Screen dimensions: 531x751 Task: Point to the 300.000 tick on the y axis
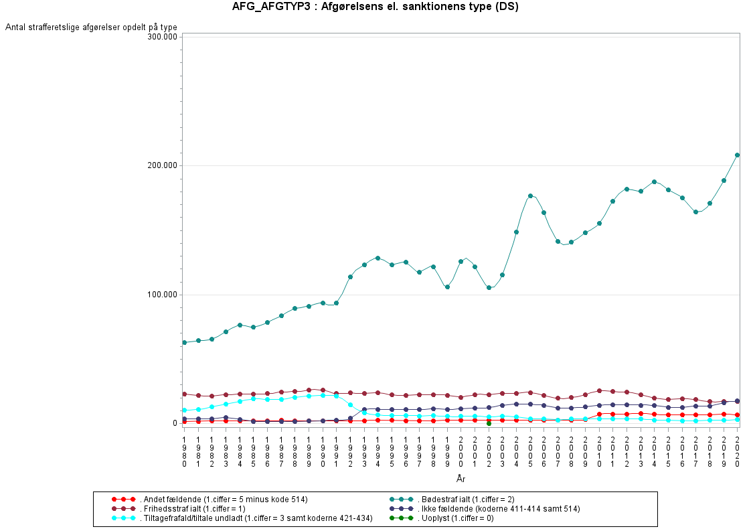click(161, 36)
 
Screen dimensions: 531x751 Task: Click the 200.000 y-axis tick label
click(161, 165)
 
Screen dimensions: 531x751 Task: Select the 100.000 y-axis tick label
click(161, 295)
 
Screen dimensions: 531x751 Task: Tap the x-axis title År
click(461, 479)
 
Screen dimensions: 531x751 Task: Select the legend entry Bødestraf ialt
click(465, 500)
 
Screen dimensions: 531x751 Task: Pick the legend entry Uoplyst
click(455, 518)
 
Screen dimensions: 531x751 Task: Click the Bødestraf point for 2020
click(738, 155)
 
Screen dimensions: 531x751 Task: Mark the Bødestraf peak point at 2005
click(530, 196)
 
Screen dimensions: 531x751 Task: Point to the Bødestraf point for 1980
click(184, 342)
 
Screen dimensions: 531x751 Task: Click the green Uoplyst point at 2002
click(489, 423)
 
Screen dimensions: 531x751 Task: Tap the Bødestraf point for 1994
click(378, 258)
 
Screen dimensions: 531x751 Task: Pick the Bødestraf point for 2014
click(654, 181)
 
